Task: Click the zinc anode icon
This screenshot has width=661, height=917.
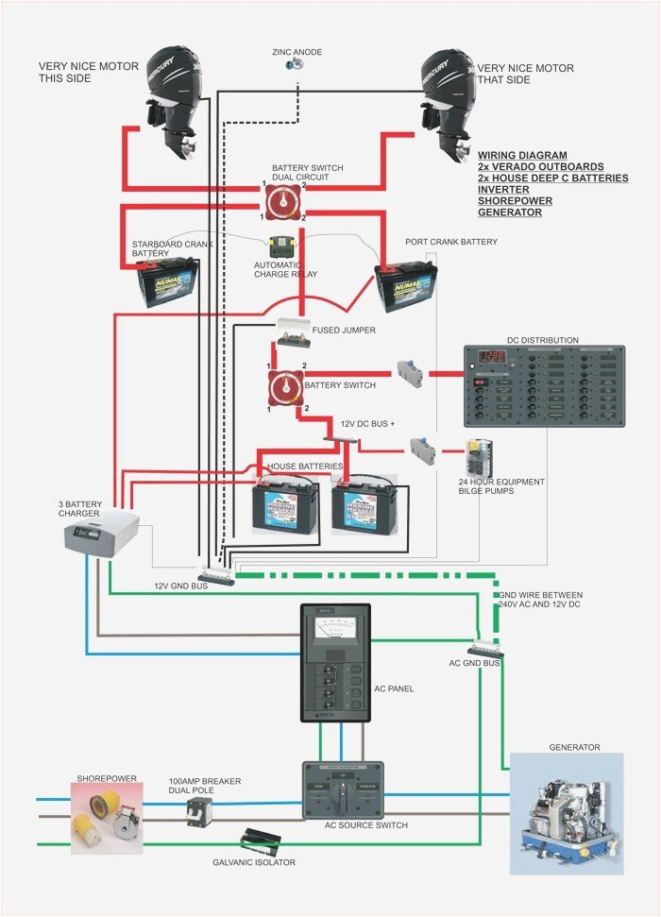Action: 295,64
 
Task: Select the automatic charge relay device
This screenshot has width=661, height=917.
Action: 282,247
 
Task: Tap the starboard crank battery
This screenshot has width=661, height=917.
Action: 168,283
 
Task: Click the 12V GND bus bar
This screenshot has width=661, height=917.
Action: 217,575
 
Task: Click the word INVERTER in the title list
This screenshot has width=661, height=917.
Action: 503,190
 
